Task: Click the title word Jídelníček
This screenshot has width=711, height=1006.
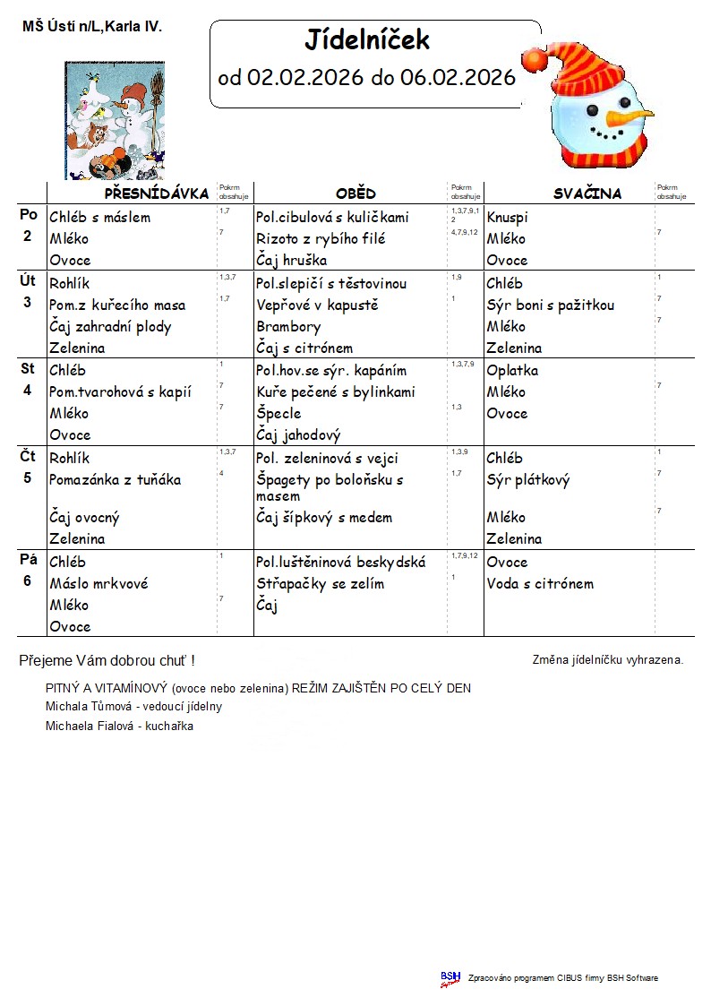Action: click(367, 40)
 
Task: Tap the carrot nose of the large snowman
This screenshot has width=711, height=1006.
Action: click(630, 117)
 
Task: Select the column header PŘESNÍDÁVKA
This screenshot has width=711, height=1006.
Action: click(156, 193)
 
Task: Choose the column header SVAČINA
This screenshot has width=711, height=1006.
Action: click(587, 193)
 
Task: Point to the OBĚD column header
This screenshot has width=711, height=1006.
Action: click(355, 193)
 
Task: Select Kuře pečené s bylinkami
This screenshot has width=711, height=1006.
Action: click(336, 392)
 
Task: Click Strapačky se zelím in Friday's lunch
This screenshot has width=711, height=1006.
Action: click(320, 584)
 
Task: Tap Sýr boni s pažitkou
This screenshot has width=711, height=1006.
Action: click(550, 305)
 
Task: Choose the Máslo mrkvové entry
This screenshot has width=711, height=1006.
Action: click(99, 584)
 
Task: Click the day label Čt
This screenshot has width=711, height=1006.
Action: click(28, 457)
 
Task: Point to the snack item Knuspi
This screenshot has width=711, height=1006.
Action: click(507, 218)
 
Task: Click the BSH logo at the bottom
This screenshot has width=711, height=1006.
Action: click(450, 978)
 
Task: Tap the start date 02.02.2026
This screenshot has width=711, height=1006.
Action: click(305, 78)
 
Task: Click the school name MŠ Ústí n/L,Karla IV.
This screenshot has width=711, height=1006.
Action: click(92, 28)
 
